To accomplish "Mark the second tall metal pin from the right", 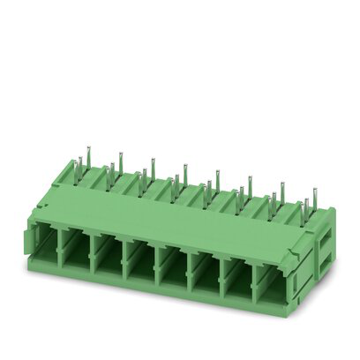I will [281, 188].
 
